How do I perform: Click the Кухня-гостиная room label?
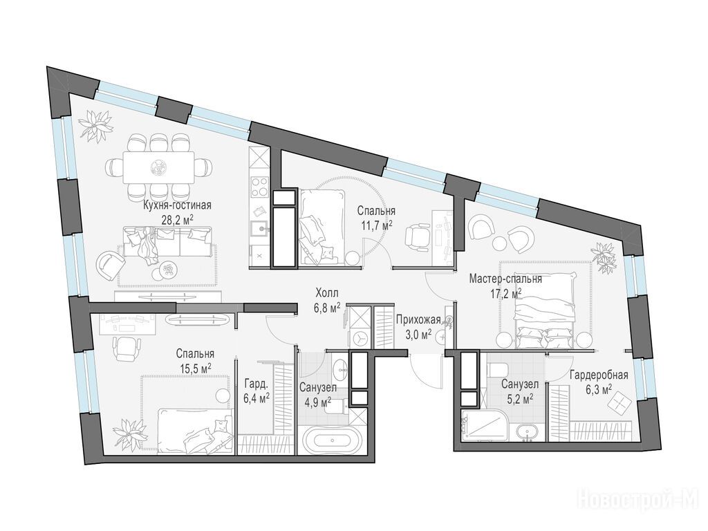(x=177, y=206)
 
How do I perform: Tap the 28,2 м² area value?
(x=178, y=219)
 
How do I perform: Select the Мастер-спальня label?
(x=505, y=279)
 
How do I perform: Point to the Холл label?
(x=326, y=292)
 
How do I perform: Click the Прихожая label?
(x=418, y=321)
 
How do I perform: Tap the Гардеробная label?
(x=599, y=375)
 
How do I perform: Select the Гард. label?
(x=256, y=384)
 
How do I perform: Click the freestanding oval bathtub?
(x=332, y=440)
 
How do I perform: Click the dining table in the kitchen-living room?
(x=158, y=167)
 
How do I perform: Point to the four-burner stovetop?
(x=259, y=186)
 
